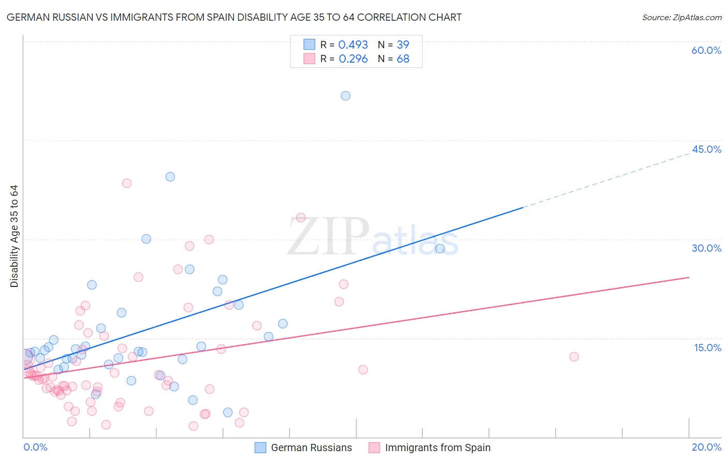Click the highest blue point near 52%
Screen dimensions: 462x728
click(345, 96)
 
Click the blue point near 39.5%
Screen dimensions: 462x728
click(170, 177)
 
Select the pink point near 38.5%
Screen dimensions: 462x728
click(126, 183)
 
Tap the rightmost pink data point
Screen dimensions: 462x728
click(574, 356)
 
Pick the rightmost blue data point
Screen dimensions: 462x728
click(440, 249)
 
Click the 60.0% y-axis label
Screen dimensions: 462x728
click(706, 50)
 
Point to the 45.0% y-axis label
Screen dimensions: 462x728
click(706, 149)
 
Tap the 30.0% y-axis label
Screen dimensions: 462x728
click(706, 248)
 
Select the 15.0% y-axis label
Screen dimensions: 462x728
click(707, 348)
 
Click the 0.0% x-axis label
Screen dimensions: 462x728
click(35, 447)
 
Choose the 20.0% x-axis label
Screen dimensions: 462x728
click(706, 447)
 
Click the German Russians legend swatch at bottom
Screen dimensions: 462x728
click(260, 447)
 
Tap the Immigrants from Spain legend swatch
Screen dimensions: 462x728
click(374, 447)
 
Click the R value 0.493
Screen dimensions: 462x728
click(353, 45)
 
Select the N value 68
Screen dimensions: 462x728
click(403, 59)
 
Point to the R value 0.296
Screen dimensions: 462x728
click(353, 59)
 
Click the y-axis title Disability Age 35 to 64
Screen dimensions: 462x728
click(14, 236)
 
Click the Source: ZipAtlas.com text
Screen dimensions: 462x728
click(681, 18)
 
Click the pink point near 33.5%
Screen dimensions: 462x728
click(301, 218)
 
